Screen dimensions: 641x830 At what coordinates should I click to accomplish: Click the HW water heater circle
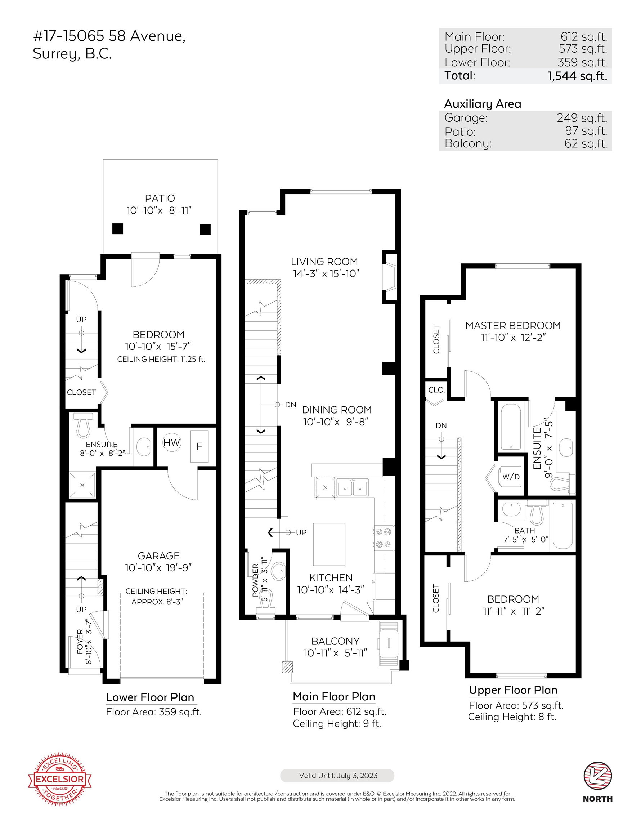point(172,443)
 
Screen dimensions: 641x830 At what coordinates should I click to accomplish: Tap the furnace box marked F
point(199,446)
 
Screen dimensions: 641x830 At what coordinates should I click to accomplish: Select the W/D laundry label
point(511,477)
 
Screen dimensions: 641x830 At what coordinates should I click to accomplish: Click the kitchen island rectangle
point(329,544)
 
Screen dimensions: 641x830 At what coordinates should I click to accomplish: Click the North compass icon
point(598,776)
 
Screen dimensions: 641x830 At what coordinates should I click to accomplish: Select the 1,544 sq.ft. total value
point(577,76)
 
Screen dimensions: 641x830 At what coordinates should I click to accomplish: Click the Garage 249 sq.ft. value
point(582,118)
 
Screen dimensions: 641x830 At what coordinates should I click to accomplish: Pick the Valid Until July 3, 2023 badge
point(337,775)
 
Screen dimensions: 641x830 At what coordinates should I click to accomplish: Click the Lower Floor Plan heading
point(150,697)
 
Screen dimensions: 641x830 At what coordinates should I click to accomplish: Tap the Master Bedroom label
point(513,326)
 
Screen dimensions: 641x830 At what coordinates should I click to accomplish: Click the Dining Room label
point(337,410)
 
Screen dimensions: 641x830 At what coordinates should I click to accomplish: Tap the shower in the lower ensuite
point(82,485)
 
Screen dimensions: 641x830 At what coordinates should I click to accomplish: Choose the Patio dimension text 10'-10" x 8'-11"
point(159,210)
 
